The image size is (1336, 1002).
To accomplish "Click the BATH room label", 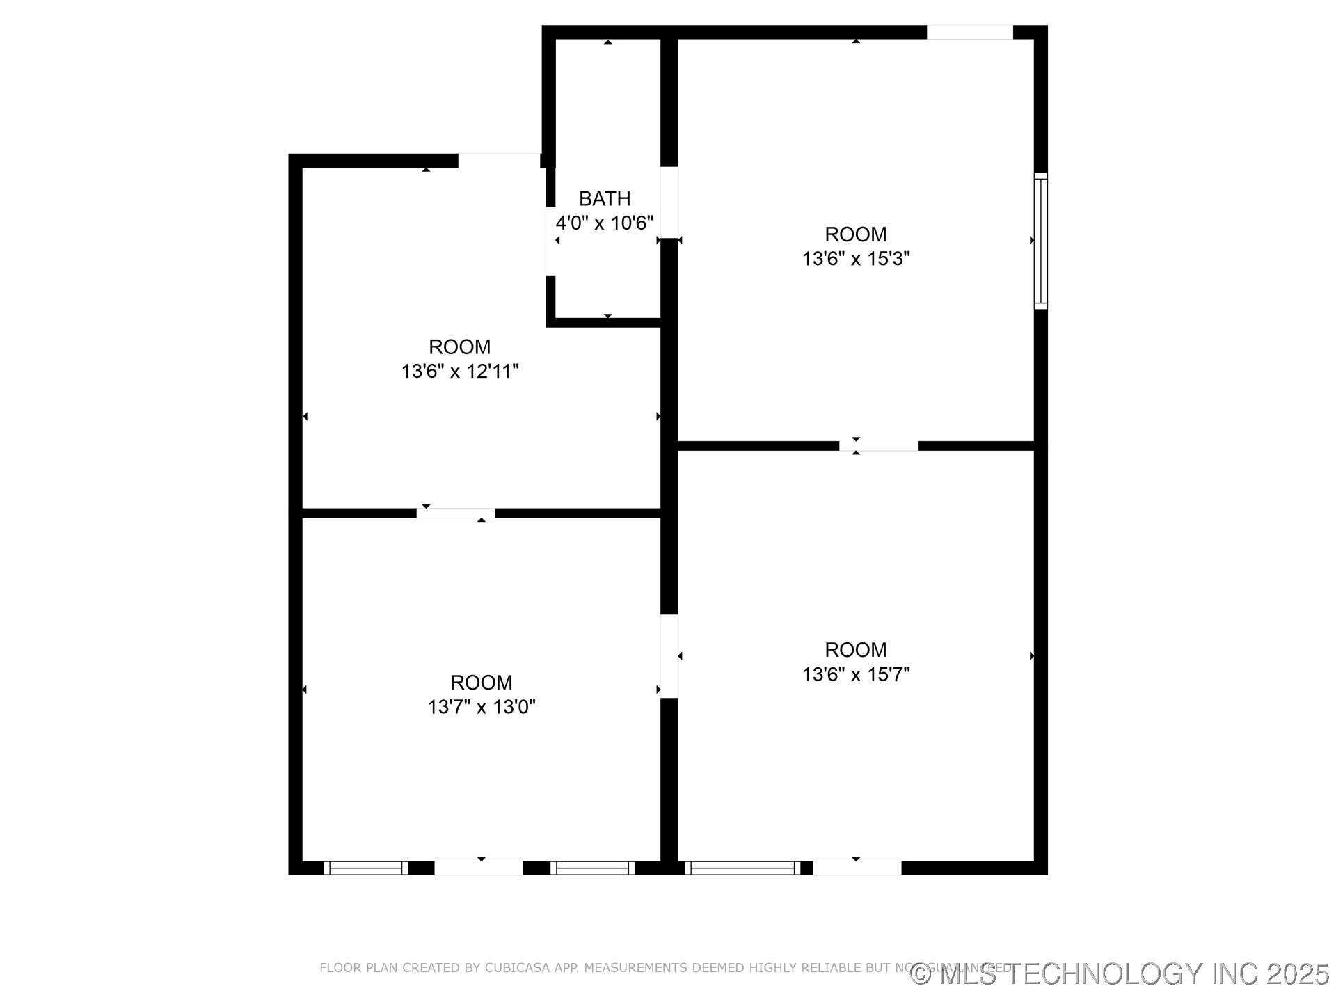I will [605, 199].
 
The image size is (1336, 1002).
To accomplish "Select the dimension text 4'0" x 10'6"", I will [605, 223].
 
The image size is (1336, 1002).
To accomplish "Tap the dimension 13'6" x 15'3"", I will [856, 259].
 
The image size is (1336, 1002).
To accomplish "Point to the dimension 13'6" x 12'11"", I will [460, 372].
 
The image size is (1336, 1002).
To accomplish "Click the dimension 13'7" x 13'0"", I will [482, 707].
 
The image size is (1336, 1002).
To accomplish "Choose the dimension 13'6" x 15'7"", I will [856, 674].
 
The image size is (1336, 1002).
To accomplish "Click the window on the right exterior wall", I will [1040, 241].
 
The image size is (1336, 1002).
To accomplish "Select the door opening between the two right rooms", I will [878, 446].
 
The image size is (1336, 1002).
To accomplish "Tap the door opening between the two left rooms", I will [456, 514].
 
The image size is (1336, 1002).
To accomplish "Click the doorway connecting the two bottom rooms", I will [669, 656].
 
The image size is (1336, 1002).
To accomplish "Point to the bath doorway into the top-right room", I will [669, 202].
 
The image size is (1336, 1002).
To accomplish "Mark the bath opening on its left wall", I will [550, 241].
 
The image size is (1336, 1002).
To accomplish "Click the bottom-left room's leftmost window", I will [366, 868].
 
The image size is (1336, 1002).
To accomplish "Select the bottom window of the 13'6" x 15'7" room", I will [742, 868].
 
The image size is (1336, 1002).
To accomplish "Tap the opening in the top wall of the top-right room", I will [969, 32].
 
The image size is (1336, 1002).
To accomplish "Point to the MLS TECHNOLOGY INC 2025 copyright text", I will [1120, 974].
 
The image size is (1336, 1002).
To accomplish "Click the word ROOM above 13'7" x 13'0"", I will [482, 683].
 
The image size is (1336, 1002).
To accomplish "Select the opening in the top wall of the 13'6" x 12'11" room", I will [499, 161].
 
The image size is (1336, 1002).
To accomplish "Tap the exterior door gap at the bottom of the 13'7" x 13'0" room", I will [479, 868].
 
